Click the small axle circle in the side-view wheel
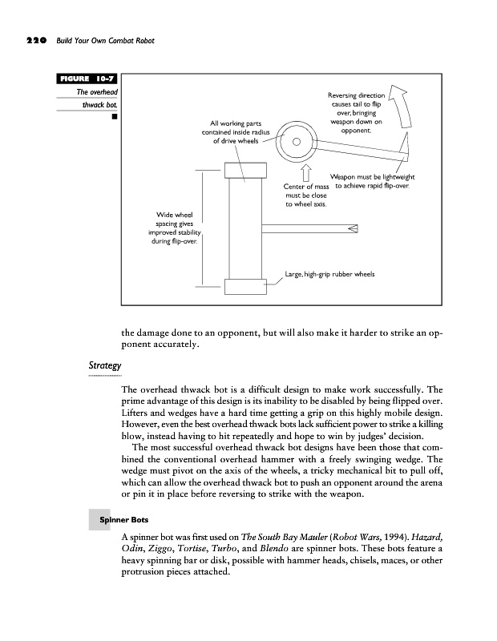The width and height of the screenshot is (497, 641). (x=295, y=143)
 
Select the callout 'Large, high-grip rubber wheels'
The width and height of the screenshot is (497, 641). (x=330, y=275)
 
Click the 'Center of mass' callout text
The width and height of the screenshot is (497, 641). (x=305, y=195)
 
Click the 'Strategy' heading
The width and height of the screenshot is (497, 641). (x=104, y=366)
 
